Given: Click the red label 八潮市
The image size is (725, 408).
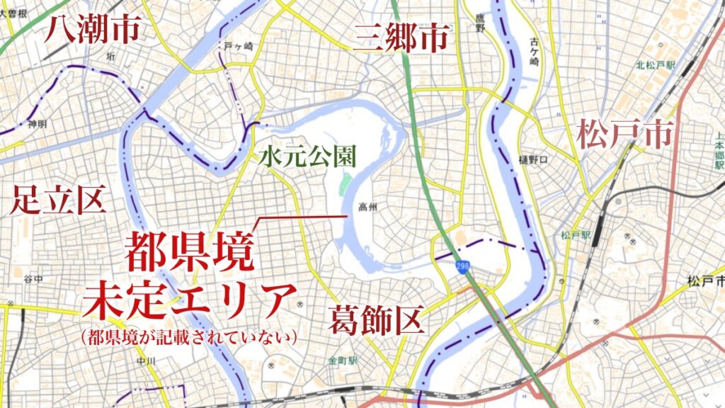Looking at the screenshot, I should pos(93,30).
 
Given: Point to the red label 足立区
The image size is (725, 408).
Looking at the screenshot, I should pos(58,201).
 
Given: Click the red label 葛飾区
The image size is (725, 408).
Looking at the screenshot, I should pos(376,319).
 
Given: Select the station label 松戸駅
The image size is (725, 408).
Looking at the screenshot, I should pos(571,235).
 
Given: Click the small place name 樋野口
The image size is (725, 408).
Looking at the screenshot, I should pos(533,159).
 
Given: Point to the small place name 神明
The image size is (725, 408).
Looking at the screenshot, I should pos(37,124).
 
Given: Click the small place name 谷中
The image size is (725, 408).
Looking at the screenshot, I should pos(33,278).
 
